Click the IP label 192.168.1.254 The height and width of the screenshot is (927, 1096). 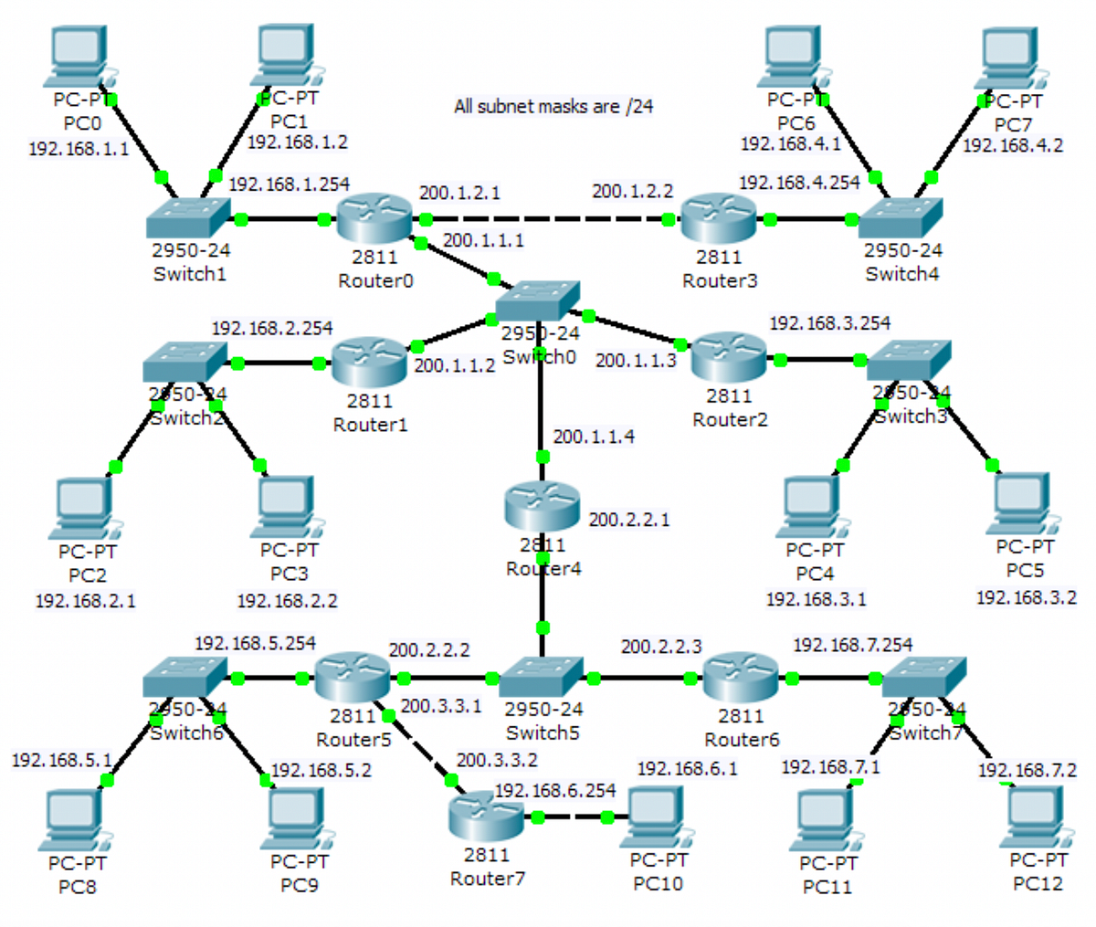(x=289, y=184)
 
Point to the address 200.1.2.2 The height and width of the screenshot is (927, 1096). (x=632, y=192)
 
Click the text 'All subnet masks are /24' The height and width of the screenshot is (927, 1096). (x=553, y=107)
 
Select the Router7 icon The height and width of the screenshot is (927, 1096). (x=486, y=816)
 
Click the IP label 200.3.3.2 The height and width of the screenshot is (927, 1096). (x=497, y=760)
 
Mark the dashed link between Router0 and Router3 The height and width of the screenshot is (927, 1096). (x=546, y=219)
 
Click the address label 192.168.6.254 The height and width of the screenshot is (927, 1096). (x=555, y=790)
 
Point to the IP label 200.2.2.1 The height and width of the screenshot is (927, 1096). (x=629, y=520)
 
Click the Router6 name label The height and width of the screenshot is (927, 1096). (x=742, y=739)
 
